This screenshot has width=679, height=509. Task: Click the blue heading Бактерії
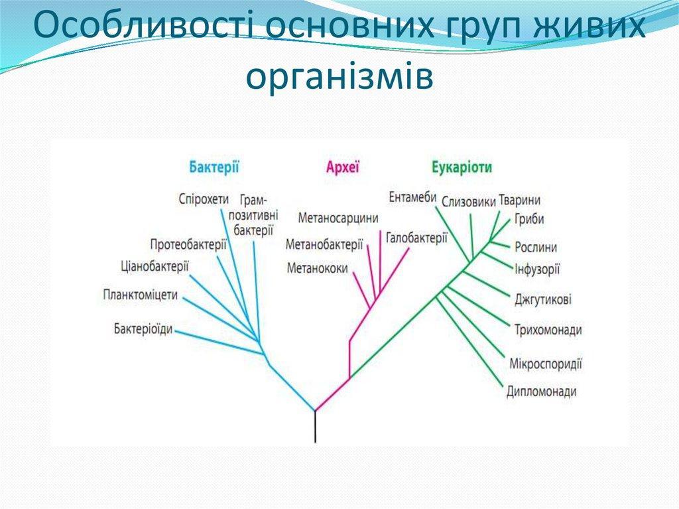(x=214, y=167)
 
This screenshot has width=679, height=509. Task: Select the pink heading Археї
(x=343, y=167)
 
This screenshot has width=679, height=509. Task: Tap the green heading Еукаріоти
(x=462, y=168)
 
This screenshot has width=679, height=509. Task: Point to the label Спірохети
(x=203, y=200)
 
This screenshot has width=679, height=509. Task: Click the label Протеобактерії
(x=188, y=244)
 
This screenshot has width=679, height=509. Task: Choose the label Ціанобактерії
(x=154, y=266)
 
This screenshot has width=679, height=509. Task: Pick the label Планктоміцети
(x=141, y=295)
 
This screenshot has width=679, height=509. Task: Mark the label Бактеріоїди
(x=143, y=329)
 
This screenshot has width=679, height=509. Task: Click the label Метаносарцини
(x=338, y=218)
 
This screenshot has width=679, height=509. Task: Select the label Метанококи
(x=317, y=268)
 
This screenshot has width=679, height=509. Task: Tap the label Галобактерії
(x=416, y=238)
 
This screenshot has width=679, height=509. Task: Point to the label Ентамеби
(x=412, y=197)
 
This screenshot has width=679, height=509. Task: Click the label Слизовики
(x=469, y=202)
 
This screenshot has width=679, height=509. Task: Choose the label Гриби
(x=529, y=220)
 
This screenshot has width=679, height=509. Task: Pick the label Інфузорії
(x=537, y=269)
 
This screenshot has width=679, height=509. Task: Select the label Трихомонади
(x=548, y=330)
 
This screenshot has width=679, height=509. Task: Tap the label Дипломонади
(x=541, y=392)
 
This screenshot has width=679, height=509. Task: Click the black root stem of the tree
(x=315, y=427)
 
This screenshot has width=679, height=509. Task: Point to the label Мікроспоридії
(x=546, y=363)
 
